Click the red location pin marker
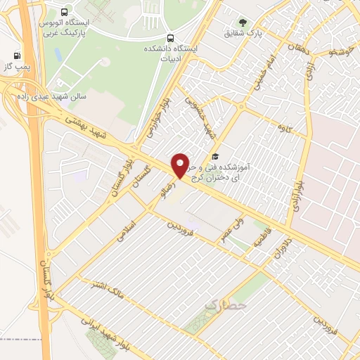(x=181, y=165)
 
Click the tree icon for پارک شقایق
(x=244, y=22)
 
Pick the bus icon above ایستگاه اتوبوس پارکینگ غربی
(x=65, y=13)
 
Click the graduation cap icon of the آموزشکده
(x=216, y=156)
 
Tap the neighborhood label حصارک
(x=223, y=307)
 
